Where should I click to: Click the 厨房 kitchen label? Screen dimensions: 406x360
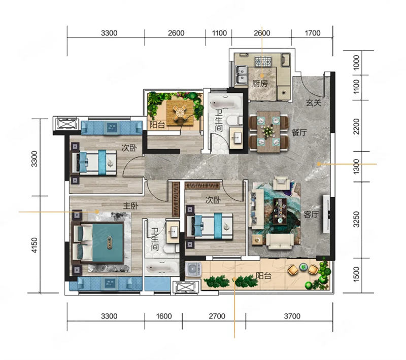[260, 84]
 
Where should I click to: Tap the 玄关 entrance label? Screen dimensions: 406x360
[314, 103]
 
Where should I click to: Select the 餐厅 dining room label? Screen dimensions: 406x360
[299, 133]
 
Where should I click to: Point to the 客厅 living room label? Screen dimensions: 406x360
[311, 214]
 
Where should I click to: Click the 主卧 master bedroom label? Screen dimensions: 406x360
[130, 206]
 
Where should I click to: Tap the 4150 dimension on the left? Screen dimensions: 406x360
[35, 245]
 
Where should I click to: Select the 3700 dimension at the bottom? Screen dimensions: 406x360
[292, 316]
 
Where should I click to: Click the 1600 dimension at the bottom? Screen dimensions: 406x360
[163, 316]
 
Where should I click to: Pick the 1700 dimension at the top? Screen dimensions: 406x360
[313, 33]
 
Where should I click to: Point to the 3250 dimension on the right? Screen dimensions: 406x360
[357, 220]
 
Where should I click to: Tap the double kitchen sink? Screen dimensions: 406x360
[241, 75]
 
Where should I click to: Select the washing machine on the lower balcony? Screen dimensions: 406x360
[193, 269]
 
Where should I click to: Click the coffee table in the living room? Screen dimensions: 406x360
[280, 211]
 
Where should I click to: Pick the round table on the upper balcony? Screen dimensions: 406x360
[179, 113]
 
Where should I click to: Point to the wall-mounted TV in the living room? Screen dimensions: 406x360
[326, 214]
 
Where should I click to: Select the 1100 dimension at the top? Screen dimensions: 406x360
[219, 33]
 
